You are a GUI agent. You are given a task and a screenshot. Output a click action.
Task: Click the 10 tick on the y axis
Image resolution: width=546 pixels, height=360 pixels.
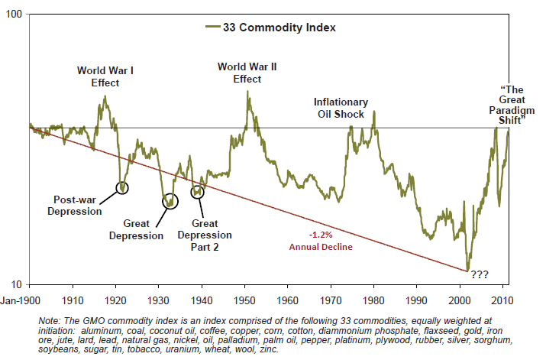click(18, 283)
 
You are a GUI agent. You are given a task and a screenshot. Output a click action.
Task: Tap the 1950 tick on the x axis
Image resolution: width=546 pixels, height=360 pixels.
click(244, 299)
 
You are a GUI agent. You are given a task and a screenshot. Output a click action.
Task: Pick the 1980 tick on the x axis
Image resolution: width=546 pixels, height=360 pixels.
click(373, 299)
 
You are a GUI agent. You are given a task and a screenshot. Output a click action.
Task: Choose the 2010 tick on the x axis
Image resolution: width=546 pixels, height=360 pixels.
click(502, 299)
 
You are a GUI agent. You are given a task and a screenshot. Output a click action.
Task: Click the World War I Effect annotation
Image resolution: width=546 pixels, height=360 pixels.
click(105, 77)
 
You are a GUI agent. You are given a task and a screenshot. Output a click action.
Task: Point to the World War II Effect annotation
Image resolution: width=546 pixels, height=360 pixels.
click(247, 73)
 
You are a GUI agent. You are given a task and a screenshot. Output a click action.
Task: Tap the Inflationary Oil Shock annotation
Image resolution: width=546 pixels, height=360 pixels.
click(341, 109)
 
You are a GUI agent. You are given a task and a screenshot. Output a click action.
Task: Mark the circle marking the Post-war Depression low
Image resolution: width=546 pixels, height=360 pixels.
click(121, 187)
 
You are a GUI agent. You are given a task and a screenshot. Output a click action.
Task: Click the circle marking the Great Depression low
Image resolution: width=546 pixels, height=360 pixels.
click(170, 201)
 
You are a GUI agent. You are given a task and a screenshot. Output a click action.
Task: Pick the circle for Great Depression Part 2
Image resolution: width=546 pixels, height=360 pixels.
click(198, 191)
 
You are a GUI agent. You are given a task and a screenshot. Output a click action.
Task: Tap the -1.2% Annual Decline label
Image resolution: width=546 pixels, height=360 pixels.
click(321, 241)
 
